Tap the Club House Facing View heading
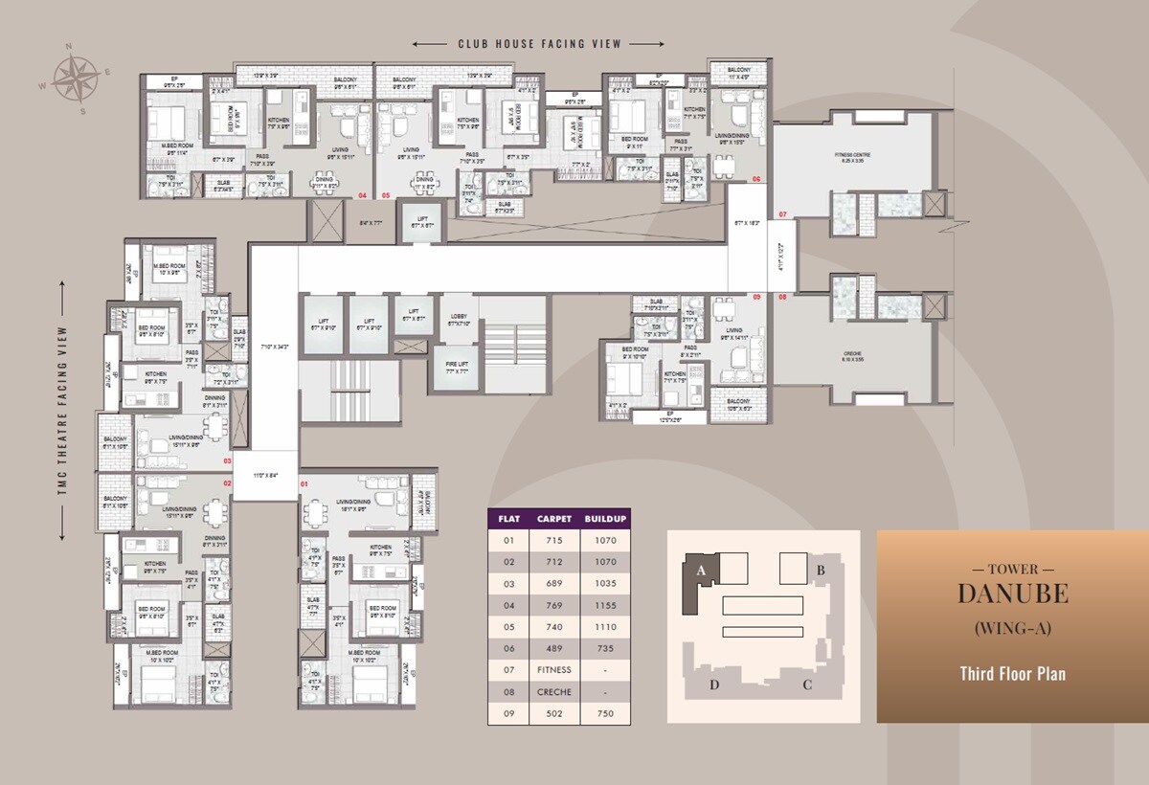tap(539, 44)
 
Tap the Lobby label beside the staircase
tap(458, 320)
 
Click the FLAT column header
tap(508, 519)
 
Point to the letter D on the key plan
tap(713, 684)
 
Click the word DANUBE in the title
tap(1013, 594)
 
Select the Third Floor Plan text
tap(1013, 674)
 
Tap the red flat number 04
tap(362, 195)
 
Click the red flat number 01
tap(305, 484)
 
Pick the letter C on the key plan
tap(807, 684)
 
